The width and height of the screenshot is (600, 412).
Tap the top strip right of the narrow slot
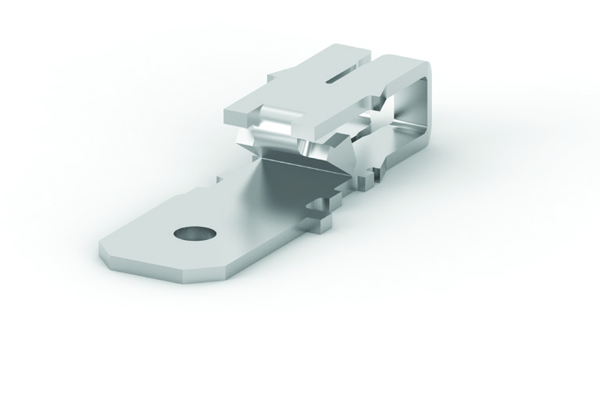[391, 66]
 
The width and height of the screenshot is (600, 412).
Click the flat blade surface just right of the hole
[234, 235]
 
